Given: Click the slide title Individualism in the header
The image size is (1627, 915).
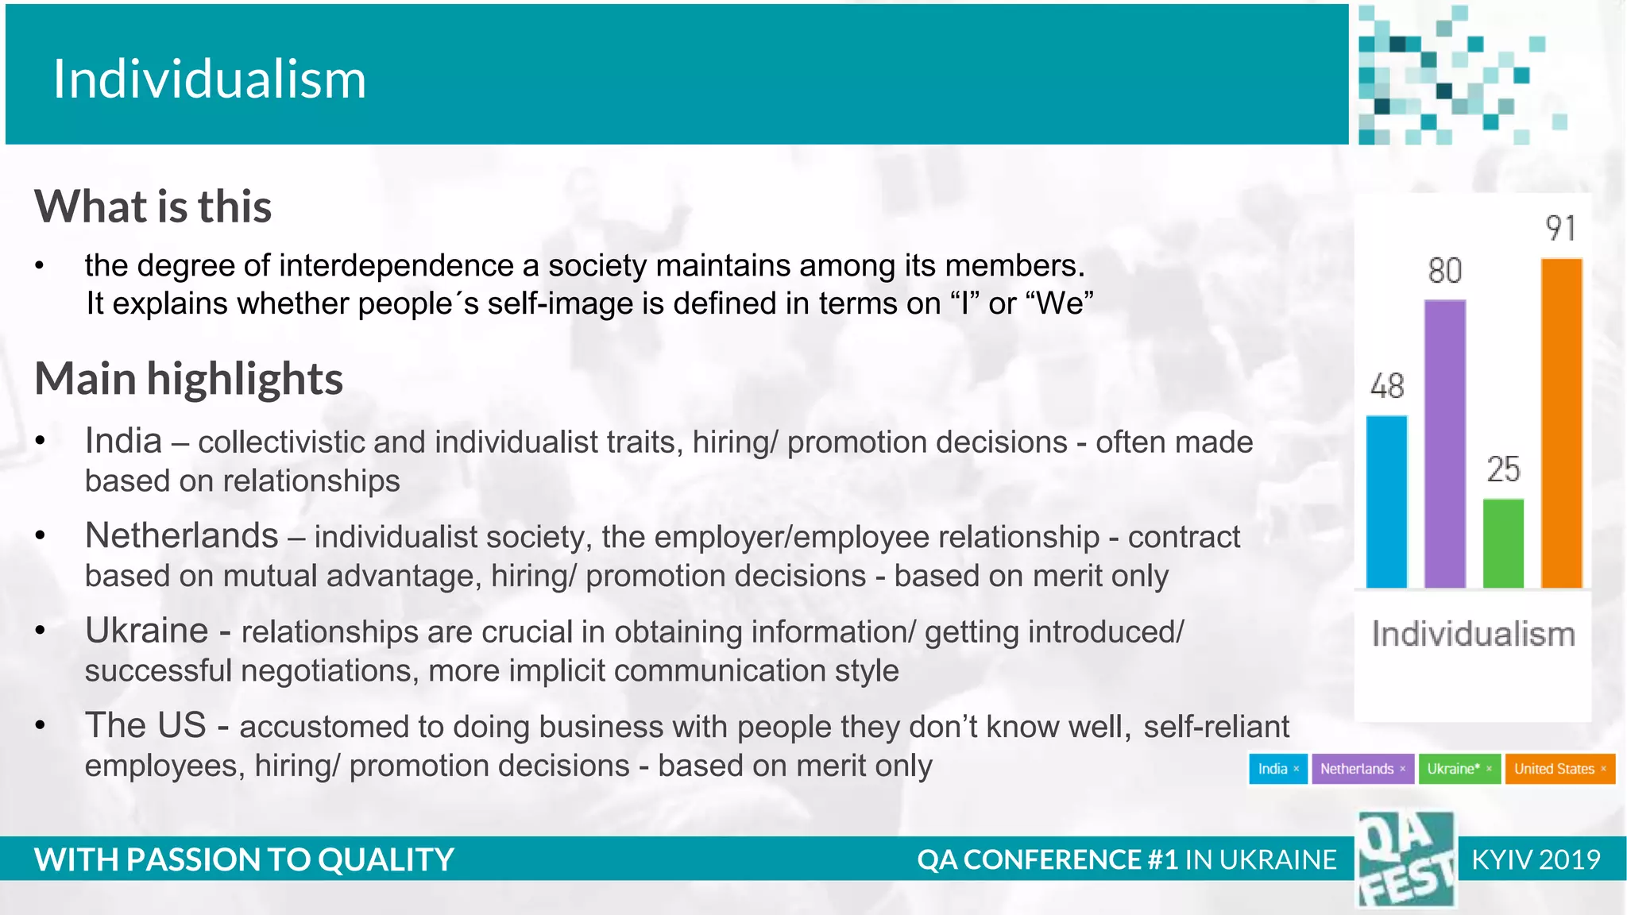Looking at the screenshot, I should pyautogui.click(x=209, y=79).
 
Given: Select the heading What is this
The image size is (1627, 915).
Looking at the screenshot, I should pyautogui.click(x=153, y=207).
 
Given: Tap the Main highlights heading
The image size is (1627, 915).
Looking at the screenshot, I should pyautogui.click(x=188, y=378).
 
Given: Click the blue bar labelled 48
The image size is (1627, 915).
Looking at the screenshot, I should pyautogui.click(x=1386, y=502).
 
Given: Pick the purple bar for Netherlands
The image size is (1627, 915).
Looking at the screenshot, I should pyautogui.click(x=1444, y=444).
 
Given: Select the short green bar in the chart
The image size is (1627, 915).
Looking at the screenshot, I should pyautogui.click(x=1503, y=543).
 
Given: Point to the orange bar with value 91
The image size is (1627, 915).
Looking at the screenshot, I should pyautogui.click(x=1561, y=423).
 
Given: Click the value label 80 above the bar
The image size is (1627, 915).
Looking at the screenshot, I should pyautogui.click(x=1444, y=271).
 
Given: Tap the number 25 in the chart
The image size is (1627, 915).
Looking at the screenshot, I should pyautogui.click(x=1503, y=469).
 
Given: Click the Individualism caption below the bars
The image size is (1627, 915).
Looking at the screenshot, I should pyautogui.click(x=1473, y=634).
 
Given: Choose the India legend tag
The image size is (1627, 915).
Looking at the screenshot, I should pyautogui.click(x=1277, y=769).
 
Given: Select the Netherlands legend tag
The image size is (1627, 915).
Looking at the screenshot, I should pyautogui.click(x=1362, y=769).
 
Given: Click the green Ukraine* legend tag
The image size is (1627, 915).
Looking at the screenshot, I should pyautogui.click(x=1459, y=769).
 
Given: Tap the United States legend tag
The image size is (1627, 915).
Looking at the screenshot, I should pyautogui.click(x=1559, y=769).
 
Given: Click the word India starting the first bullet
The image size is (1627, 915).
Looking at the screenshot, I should pyautogui.click(x=123, y=441).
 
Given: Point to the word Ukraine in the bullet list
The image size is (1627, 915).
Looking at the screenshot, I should pyautogui.click(x=146, y=631).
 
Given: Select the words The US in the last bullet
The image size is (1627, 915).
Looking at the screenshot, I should pyautogui.click(x=145, y=725).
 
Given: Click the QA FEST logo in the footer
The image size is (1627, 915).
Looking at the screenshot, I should pyautogui.click(x=1405, y=859).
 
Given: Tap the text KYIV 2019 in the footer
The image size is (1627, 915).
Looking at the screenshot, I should pyautogui.click(x=1536, y=859).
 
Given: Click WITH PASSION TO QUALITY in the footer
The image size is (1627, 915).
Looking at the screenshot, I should pyautogui.click(x=244, y=859).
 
